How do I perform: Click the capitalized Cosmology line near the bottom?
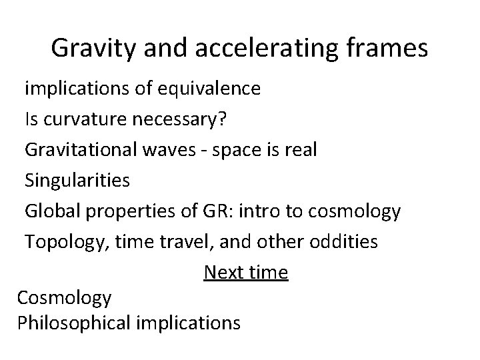pyautogui.click(x=65, y=298)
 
